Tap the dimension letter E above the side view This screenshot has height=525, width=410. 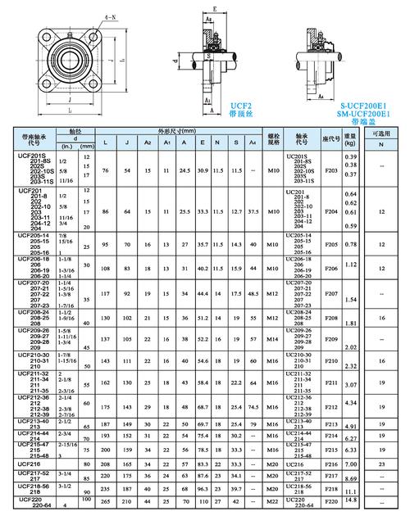click(x=212, y=9)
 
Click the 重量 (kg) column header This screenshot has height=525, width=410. click(x=352, y=140)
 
